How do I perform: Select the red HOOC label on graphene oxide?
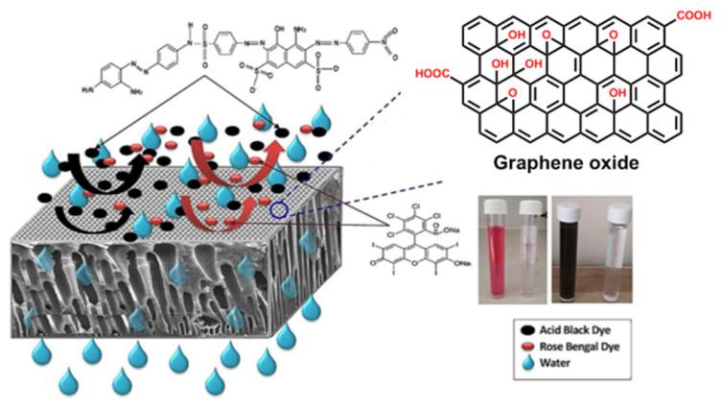point(434,74)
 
